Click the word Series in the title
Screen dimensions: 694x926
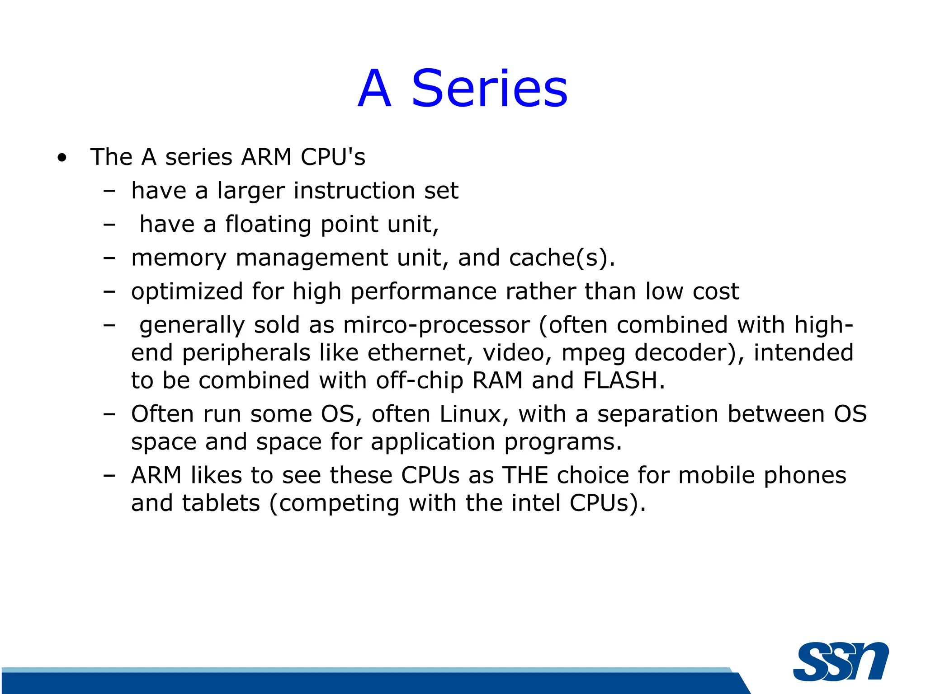[x=489, y=89]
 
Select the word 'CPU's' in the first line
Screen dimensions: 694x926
[x=333, y=157]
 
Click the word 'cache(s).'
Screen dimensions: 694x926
[x=562, y=258]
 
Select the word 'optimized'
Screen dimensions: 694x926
[x=187, y=291]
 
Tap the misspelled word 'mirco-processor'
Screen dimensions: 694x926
[x=436, y=325]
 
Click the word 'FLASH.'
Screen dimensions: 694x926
[x=624, y=380]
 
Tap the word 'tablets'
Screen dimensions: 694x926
[x=221, y=503]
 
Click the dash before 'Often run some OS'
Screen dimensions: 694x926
[x=109, y=414]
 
